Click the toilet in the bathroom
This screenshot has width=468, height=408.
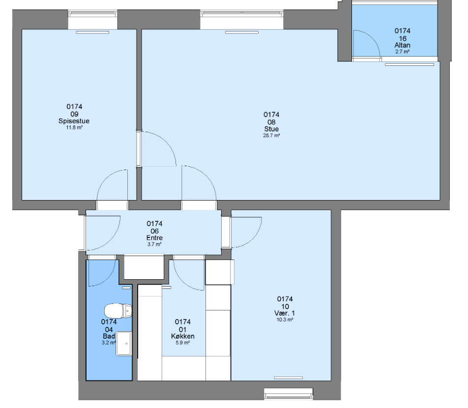pos(118,311)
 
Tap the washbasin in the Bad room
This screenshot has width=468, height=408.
pos(124,344)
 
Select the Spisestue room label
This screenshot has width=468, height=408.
pos(74,121)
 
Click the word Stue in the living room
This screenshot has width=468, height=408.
pos(271,129)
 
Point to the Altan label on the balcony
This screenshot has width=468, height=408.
pos(402,45)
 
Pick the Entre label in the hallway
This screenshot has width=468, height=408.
pos(154,238)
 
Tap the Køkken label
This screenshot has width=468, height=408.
pos(183,336)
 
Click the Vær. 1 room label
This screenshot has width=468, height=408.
pos(285,313)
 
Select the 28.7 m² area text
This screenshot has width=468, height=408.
pos(271,136)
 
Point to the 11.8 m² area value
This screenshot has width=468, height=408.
pos(74,127)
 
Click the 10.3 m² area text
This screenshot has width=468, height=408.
pos(285,320)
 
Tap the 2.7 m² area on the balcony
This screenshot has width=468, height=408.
pos(402,52)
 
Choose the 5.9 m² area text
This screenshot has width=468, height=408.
pos(183,343)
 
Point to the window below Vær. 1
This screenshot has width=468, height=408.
pos(288,394)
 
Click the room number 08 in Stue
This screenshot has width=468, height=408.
pos(271,122)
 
